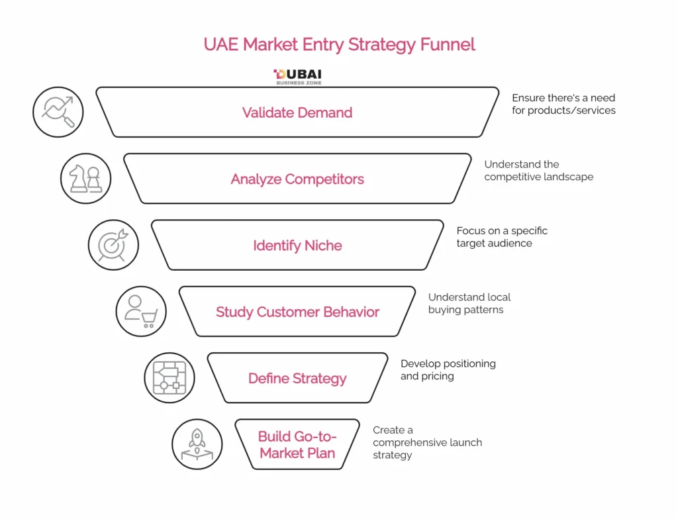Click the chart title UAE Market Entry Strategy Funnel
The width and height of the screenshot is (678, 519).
[339, 45]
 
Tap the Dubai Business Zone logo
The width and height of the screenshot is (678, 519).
[297, 77]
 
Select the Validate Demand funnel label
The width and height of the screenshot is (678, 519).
[297, 113]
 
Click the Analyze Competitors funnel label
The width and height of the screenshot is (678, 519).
[297, 179]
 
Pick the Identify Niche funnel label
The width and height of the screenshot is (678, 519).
[297, 246]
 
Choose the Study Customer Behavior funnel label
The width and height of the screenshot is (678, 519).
[297, 312]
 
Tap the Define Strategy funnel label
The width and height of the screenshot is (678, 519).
[297, 379]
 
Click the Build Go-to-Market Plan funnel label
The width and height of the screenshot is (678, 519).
[297, 445]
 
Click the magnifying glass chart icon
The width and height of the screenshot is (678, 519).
[58, 112]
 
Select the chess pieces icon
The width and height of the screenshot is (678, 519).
[86, 179]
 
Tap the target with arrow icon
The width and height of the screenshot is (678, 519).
[113, 245]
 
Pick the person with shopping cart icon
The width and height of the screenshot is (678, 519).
[141, 312]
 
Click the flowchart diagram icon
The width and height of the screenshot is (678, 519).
[169, 378]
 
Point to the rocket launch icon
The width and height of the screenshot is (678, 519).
[197, 444]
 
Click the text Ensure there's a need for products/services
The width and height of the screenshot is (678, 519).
[563, 104]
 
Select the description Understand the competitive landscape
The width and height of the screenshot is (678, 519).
[538, 170]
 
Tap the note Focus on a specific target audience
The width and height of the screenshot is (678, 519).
[502, 237]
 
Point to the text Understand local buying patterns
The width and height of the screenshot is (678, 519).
[469, 303]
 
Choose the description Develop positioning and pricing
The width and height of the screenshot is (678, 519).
[448, 369]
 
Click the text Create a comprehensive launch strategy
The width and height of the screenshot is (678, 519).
[427, 442]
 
